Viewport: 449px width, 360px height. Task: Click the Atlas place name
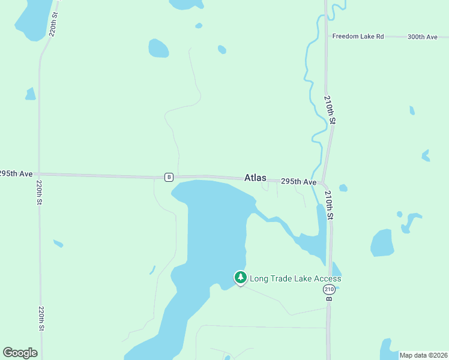click(x=255, y=178)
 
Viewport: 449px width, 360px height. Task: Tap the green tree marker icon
click(x=240, y=277)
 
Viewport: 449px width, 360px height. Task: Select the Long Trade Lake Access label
click(x=295, y=278)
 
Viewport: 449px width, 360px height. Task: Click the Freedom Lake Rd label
click(x=358, y=37)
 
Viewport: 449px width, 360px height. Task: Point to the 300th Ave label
click(x=423, y=37)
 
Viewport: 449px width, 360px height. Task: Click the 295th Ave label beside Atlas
click(x=298, y=181)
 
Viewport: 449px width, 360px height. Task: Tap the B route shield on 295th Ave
click(x=169, y=177)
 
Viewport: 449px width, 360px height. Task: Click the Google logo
click(x=20, y=353)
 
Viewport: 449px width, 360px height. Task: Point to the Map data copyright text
click(x=423, y=355)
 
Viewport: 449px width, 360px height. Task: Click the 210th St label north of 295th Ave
click(x=329, y=109)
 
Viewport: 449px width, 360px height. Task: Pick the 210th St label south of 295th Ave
click(x=329, y=205)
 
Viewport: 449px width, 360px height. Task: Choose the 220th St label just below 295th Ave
click(x=39, y=194)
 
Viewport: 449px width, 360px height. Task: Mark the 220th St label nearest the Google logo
click(x=41, y=318)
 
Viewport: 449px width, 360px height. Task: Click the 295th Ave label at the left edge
click(x=16, y=173)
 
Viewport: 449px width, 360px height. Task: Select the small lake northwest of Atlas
click(x=158, y=48)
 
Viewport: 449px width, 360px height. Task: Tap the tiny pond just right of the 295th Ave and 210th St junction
click(x=343, y=188)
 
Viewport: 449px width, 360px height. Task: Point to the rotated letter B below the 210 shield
click(x=329, y=298)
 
